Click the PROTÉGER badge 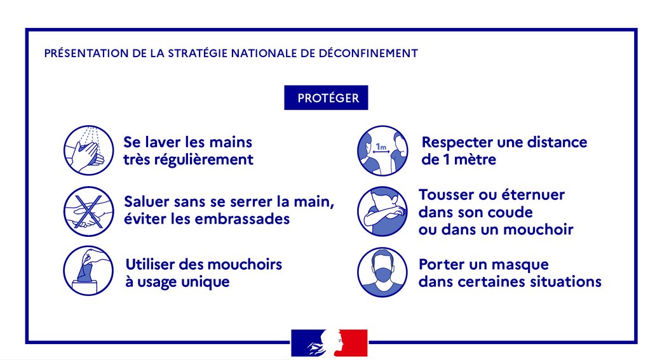(326, 98)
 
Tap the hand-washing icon (89, 150)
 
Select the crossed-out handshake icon (89, 211)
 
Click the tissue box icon (89, 270)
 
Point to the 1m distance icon (382, 150)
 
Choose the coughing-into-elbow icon (382, 211)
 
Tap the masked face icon (382, 272)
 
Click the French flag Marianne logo (329, 343)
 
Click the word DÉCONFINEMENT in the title (368, 53)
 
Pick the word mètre (475, 159)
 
